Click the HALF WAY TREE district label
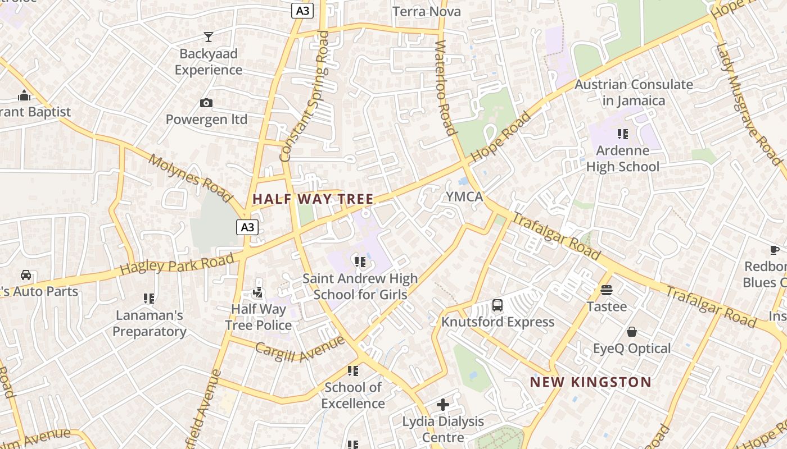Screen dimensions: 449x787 pyautogui.click(x=313, y=199)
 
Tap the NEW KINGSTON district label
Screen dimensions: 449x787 pyautogui.click(x=591, y=382)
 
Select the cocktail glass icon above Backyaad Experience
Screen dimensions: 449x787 pyautogui.click(x=209, y=37)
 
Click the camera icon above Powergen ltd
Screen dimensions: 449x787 pyautogui.click(x=206, y=103)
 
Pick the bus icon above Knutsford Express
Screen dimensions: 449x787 pyautogui.click(x=497, y=305)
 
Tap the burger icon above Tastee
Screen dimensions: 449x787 pyautogui.click(x=607, y=290)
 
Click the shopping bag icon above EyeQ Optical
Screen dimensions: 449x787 pyautogui.click(x=632, y=332)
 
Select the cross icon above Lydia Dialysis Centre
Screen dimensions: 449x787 pyautogui.click(x=443, y=404)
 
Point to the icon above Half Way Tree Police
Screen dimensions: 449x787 pyautogui.click(x=258, y=292)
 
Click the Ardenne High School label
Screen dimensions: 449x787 pyautogui.click(x=622, y=159)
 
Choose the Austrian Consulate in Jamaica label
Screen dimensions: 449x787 pyautogui.click(x=634, y=93)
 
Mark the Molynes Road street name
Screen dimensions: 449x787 pyautogui.click(x=190, y=178)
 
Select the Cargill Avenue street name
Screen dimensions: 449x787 pyautogui.click(x=299, y=349)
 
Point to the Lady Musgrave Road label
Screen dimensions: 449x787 pyautogui.click(x=749, y=97)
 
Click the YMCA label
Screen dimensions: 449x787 pyautogui.click(x=464, y=196)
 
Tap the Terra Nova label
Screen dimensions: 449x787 pyautogui.click(x=426, y=12)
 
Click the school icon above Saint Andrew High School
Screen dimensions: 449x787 pyautogui.click(x=360, y=262)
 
